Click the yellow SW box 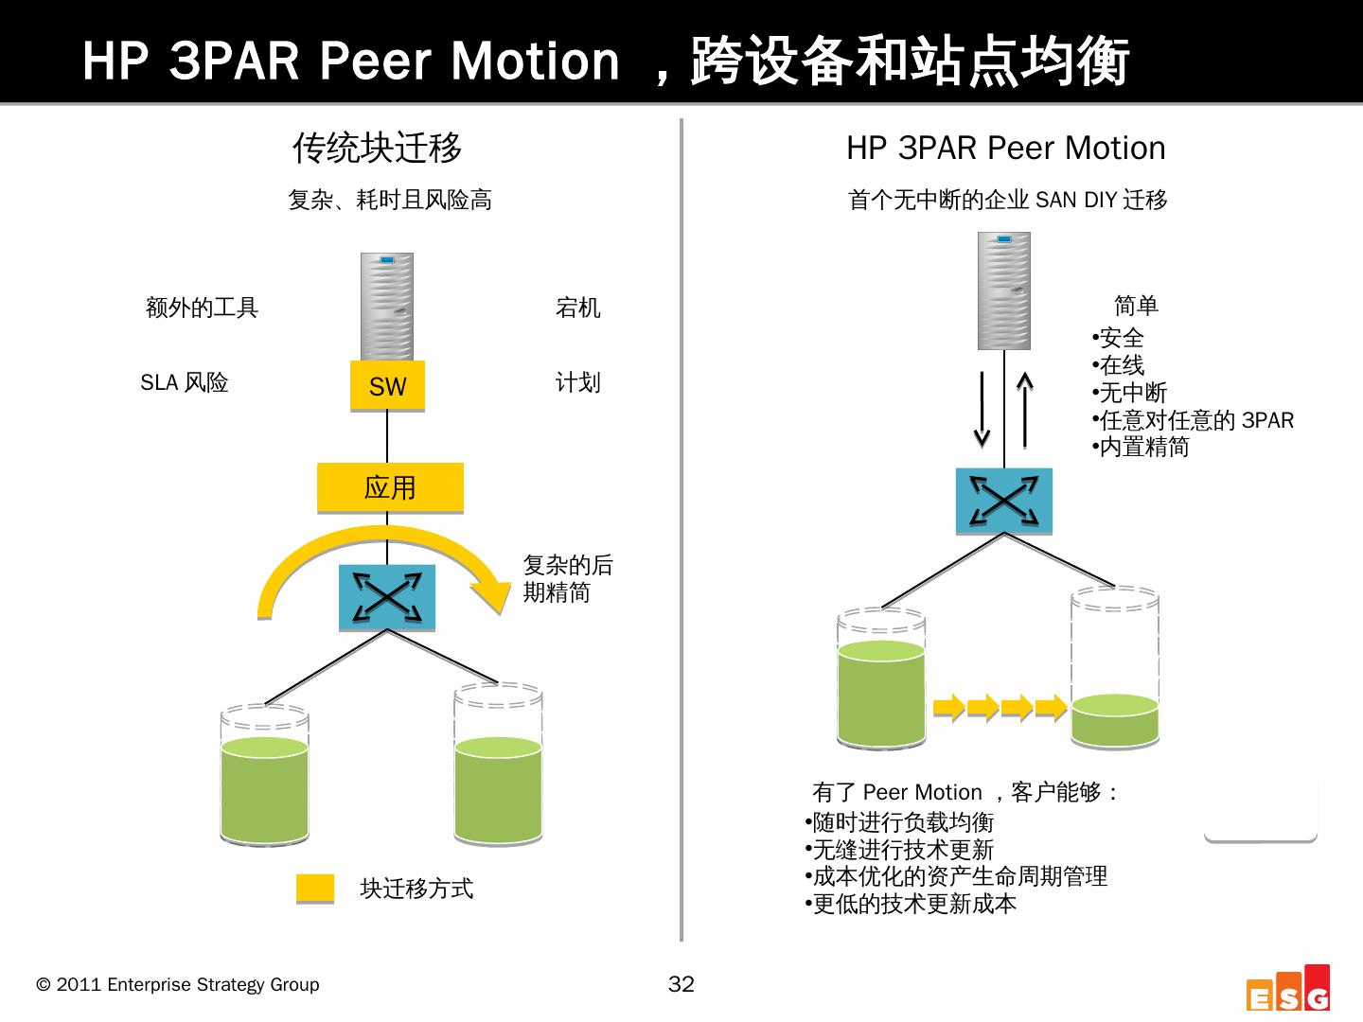coord(387,386)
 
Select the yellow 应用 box coord(390,487)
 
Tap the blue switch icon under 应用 coord(387,597)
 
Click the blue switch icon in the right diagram coord(1003,500)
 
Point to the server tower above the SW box coord(386,306)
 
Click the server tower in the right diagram coord(1003,291)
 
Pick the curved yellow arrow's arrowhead coord(491,594)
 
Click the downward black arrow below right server coord(982,409)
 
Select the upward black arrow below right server coord(1024,409)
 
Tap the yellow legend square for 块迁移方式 coord(315,889)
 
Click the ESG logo coord(1288,989)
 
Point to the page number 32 coord(681,984)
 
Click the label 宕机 coord(577,308)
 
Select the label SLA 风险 coord(185,382)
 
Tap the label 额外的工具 coord(202,308)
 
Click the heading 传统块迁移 coord(377,149)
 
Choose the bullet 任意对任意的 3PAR coord(1195,420)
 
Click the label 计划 coord(577,382)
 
